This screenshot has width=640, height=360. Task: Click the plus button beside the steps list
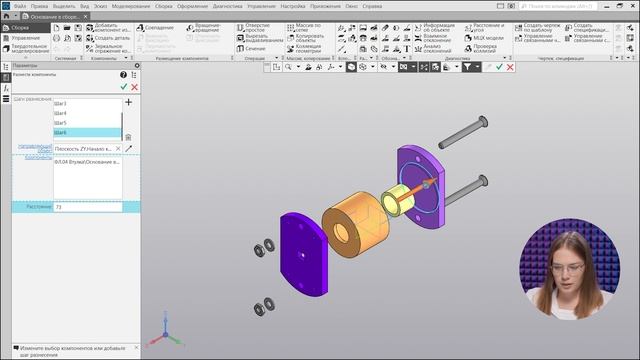[129, 102]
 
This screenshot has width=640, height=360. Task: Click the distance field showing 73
[87, 207]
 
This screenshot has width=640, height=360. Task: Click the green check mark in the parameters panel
[124, 87]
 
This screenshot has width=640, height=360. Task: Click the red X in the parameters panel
[135, 87]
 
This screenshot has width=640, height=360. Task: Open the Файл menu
[20, 6]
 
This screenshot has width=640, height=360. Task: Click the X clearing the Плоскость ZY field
[118, 149]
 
